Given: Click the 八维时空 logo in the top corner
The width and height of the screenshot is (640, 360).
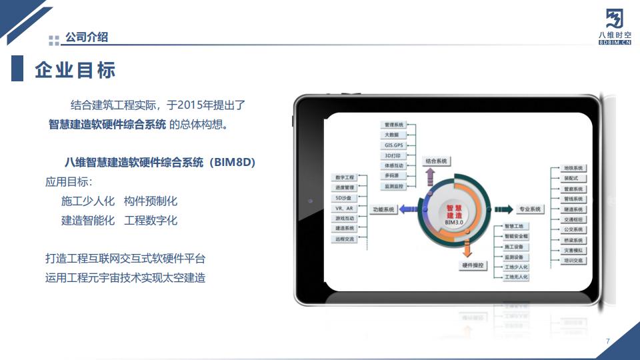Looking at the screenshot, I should click(x=614, y=27).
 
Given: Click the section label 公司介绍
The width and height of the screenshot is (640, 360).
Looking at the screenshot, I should click(x=87, y=37).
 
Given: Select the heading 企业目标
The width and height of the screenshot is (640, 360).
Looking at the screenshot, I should click(x=75, y=70).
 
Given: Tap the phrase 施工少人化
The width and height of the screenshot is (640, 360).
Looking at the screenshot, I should click(x=88, y=201).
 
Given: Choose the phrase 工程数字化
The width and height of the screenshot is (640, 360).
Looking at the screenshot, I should click(x=151, y=221).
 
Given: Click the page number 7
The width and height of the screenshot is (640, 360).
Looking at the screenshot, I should click(x=608, y=341).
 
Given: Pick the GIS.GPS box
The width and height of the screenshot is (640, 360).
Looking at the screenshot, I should click(x=393, y=145).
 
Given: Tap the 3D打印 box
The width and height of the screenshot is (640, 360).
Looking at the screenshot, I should click(x=393, y=155).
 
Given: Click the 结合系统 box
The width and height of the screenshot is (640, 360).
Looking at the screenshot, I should click(x=436, y=161).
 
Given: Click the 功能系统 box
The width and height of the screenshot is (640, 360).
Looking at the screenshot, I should click(x=384, y=209).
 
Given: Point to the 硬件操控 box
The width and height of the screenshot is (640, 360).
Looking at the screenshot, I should click(x=474, y=265).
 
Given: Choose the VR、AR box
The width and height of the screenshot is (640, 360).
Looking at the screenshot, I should click(x=345, y=208).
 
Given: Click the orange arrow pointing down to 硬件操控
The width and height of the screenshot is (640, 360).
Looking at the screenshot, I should click(x=467, y=250).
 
